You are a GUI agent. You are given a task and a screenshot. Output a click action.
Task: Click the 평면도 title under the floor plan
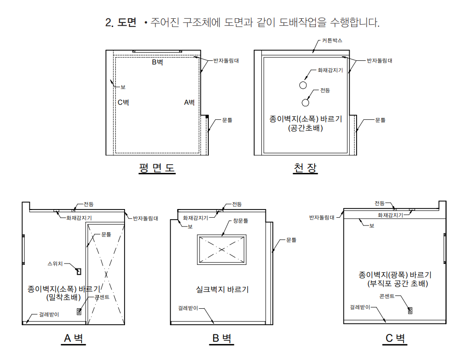157,168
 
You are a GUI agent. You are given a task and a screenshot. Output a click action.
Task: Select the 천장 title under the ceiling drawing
305,168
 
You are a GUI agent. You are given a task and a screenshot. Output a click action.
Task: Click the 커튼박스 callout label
332,41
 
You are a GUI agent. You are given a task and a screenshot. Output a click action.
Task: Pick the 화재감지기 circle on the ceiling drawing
303,85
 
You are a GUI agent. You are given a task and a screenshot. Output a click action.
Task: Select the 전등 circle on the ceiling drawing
305,102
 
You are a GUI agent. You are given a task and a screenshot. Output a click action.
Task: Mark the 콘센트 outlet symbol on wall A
79,312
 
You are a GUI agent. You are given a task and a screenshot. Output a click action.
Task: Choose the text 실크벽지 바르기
222,289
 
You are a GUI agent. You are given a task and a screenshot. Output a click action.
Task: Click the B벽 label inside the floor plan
157,62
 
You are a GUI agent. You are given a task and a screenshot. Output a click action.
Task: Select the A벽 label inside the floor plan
190,102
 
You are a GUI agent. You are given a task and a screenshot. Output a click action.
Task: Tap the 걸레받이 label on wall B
188,308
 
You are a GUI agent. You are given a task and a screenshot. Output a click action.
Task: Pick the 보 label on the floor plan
123,86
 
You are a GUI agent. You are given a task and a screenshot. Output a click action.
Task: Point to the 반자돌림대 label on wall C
322,218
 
